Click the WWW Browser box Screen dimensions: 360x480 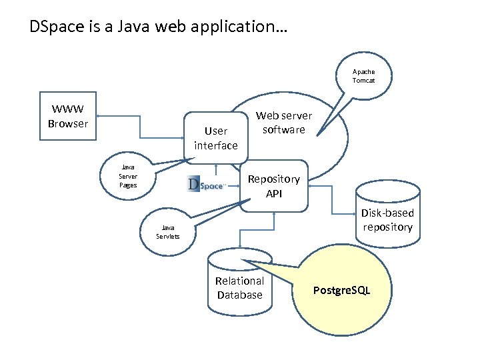point(68,117)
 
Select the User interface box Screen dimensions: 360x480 point(215,138)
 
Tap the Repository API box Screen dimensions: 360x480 point(274,186)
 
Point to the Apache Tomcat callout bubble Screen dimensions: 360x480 point(364,76)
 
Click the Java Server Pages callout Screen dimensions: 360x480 point(128,177)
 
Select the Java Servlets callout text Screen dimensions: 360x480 point(168,232)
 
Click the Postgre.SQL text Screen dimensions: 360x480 point(341,291)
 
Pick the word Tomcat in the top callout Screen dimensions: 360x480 point(364,81)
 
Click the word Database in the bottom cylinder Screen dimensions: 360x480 point(240,295)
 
